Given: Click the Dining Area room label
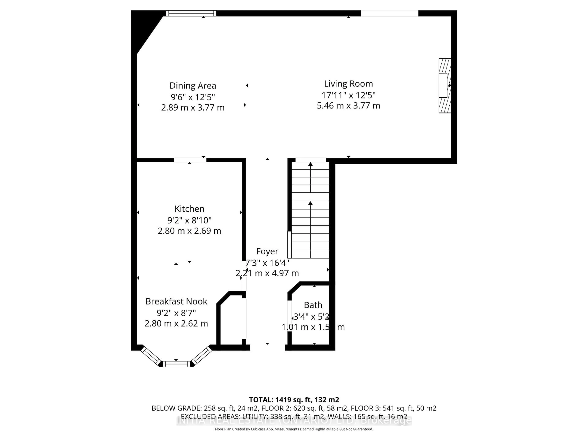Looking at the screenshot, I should (193, 86).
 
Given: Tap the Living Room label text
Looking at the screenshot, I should (348, 84).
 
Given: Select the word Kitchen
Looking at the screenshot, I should (189, 209).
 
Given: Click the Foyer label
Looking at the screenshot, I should (267, 251).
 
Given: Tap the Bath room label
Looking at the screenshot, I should (313, 305).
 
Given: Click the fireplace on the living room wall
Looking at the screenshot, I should (445, 86).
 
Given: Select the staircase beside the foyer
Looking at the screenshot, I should (310, 210).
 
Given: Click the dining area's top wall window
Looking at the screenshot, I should (191, 13).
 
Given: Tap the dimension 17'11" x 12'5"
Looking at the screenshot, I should (348, 95).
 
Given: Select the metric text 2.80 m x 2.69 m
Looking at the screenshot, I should (189, 231).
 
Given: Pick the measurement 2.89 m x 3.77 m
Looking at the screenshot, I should (193, 108).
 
